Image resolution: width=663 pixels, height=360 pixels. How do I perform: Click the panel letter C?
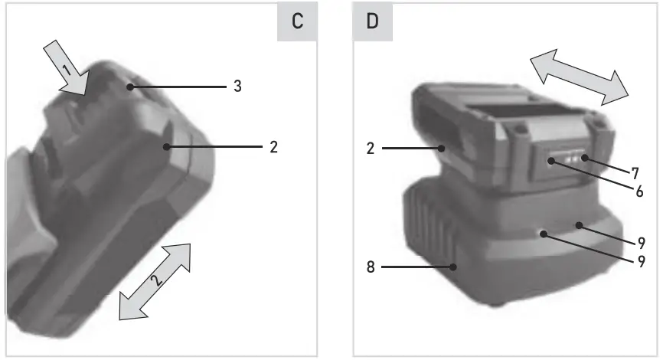click(x=297, y=21)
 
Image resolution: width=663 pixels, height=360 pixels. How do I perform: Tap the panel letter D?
click(x=372, y=21)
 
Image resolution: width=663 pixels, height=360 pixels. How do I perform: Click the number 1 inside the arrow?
click(x=67, y=70)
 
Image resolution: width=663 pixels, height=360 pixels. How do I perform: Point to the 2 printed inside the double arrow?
click(x=156, y=280)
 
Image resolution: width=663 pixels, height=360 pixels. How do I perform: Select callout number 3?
click(x=237, y=87)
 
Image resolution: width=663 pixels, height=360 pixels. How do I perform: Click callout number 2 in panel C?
click(x=273, y=147)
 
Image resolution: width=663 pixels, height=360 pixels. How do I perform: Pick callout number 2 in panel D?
click(x=371, y=149)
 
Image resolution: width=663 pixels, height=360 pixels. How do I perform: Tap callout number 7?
click(x=635, y=173)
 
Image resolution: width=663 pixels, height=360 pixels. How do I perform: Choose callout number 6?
click(x=640, y=191)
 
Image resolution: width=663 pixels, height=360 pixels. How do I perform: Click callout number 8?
click(x=371, y=267)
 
